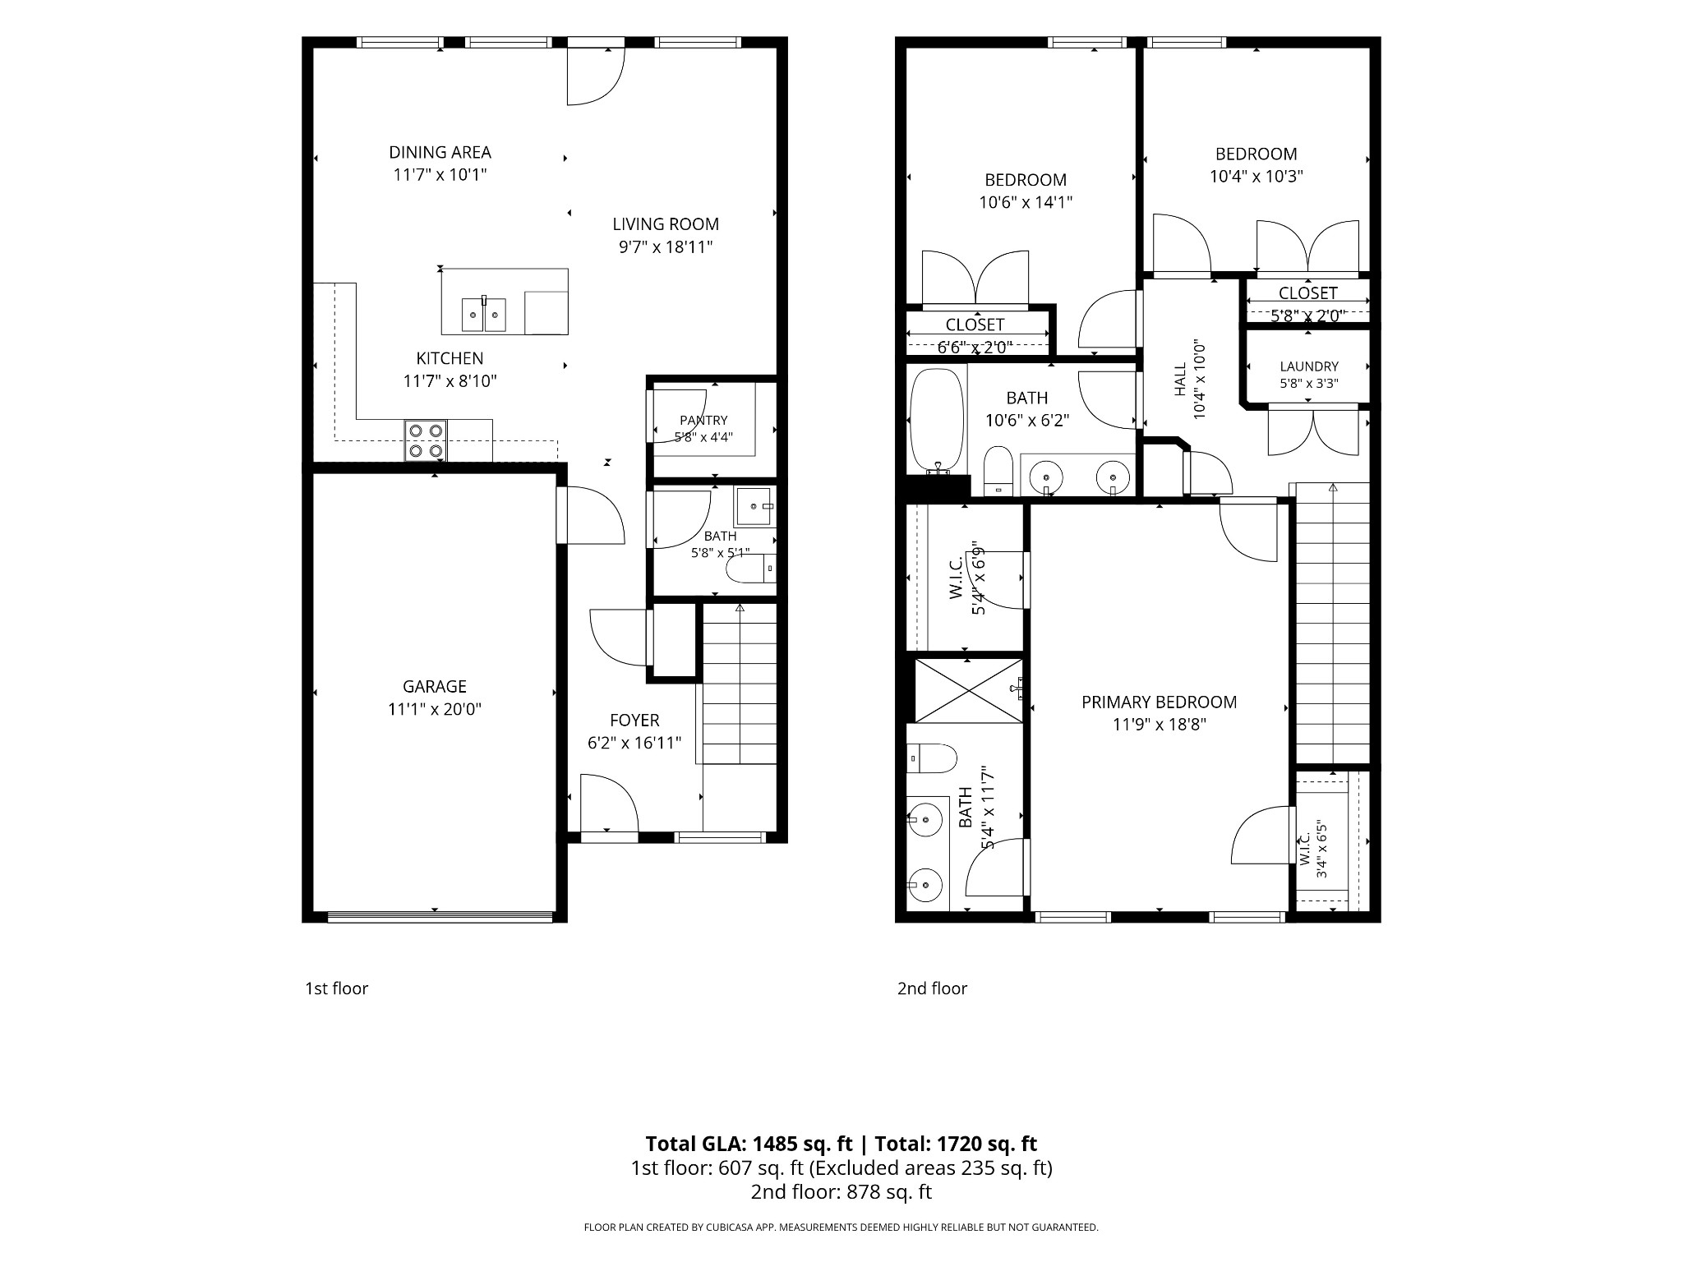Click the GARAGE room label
434,686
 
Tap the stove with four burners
426,440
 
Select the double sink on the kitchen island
484,314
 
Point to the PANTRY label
703,421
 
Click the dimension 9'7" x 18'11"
666,246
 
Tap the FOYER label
634,721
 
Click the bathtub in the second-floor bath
937,421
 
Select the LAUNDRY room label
1309,366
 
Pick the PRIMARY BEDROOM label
1159,702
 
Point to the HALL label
1181,380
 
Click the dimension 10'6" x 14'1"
1026,202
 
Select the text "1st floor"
337,988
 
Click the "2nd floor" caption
932,988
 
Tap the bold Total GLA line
841,1144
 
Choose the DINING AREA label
440,152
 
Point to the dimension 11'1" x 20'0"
434,709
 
